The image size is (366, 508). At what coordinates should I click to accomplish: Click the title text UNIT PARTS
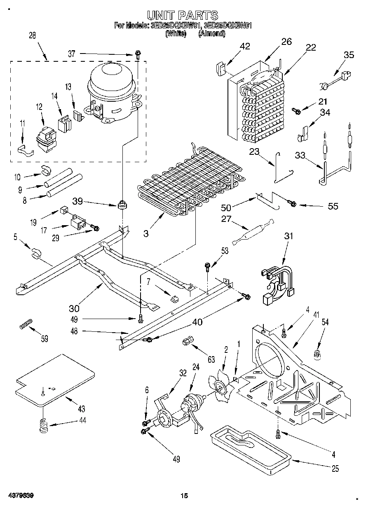(183, 16)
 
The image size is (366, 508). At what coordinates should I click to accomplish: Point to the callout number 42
(245, 47)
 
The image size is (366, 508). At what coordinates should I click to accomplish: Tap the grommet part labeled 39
(122, 204)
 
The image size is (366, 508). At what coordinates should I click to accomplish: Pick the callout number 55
(333, 206)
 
